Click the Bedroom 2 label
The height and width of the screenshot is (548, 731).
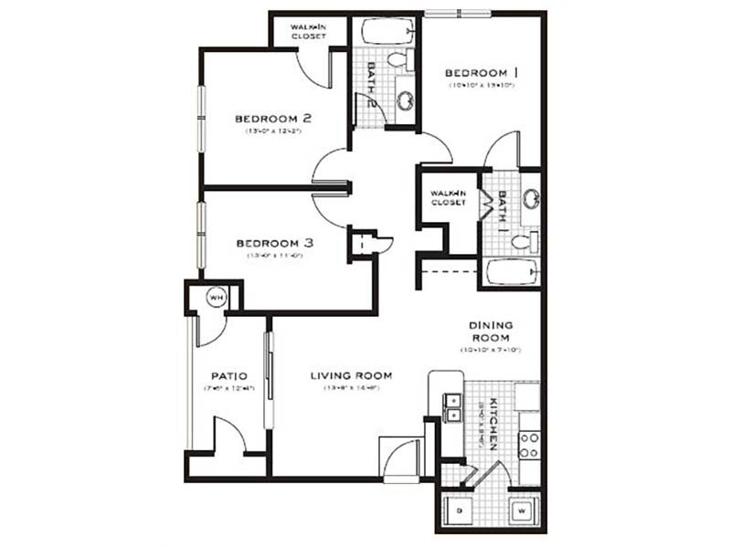click(274, 118)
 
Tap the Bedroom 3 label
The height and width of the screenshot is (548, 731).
click(275, 243)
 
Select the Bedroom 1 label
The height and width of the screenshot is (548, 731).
click(482, 72)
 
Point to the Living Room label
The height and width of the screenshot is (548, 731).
click(351, 375)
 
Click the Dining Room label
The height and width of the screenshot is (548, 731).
click(492, 331)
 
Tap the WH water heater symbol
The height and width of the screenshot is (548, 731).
click(217, 297)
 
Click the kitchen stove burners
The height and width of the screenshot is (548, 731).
click(529, 445)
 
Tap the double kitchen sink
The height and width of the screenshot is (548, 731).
click(450, 407)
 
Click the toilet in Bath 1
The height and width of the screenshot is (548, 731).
click(522, 243)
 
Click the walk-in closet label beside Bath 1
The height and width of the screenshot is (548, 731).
click(449, 197)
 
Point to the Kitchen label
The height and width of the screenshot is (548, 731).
click(491, 424)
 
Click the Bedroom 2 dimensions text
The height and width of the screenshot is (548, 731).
click(274, 132)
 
